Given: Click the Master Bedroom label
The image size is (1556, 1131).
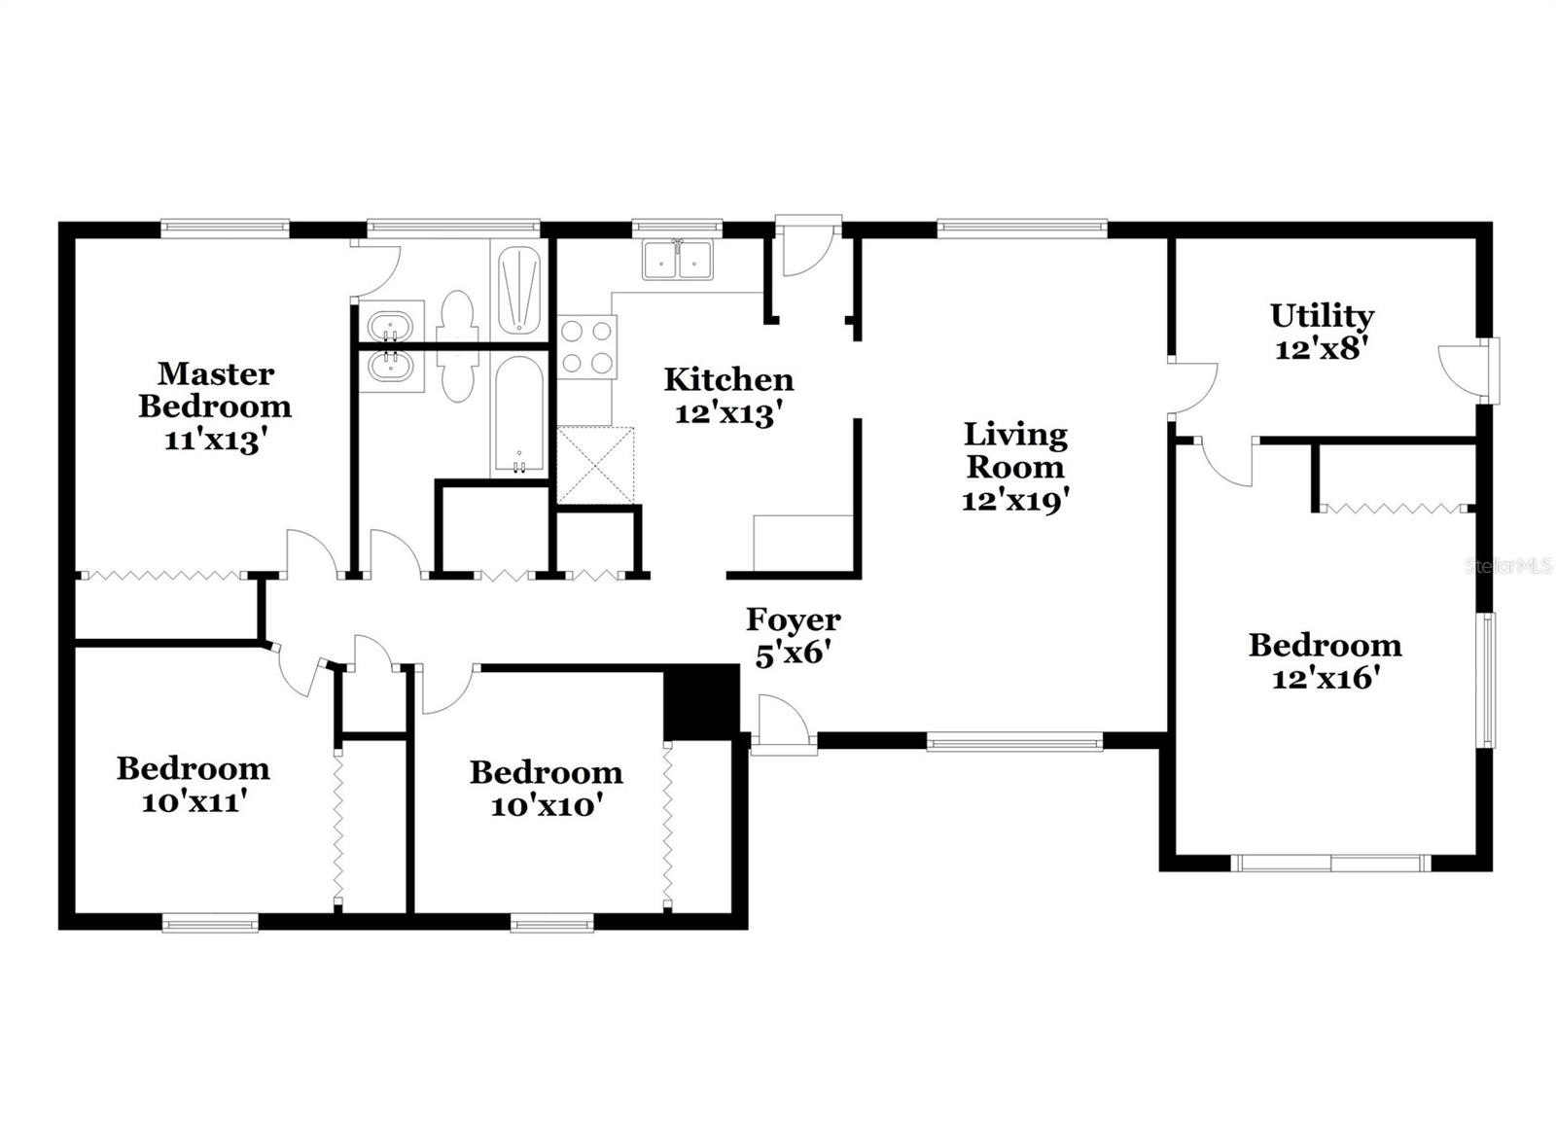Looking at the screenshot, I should (x=215, y=389).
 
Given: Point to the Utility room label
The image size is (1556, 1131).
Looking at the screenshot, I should (x=1322, y=315).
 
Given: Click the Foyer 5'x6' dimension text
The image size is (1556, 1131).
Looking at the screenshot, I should (x=792, y=653).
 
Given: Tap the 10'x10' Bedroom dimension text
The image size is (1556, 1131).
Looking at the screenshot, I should (x=546, y=805).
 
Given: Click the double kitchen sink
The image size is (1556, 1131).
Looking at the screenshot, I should (x=677, y=260).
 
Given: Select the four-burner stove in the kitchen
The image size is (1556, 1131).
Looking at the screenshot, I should (x=587, y=347).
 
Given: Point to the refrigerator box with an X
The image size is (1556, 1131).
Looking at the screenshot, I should (x=594, y=465).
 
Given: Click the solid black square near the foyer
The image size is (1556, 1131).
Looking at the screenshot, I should (x=701, y=702).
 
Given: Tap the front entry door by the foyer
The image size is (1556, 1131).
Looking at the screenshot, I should (x=784, y=726).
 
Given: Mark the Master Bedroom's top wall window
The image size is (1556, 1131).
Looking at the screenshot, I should (x=225, y=230).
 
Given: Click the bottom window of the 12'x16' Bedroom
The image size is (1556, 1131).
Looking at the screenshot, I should (x=1329, y=863).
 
